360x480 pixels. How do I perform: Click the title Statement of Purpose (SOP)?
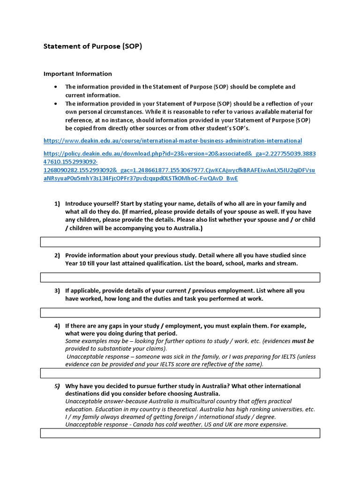92,47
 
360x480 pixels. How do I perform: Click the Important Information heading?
77,74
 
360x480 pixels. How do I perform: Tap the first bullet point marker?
56,87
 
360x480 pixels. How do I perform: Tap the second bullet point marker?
56,104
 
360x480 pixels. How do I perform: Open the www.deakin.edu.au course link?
172,141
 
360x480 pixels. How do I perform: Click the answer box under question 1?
180,242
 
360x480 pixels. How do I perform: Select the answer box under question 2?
180,277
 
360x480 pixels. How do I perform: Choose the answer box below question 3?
180,313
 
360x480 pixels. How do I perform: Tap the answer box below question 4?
180,373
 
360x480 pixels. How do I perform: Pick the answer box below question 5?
180,433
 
